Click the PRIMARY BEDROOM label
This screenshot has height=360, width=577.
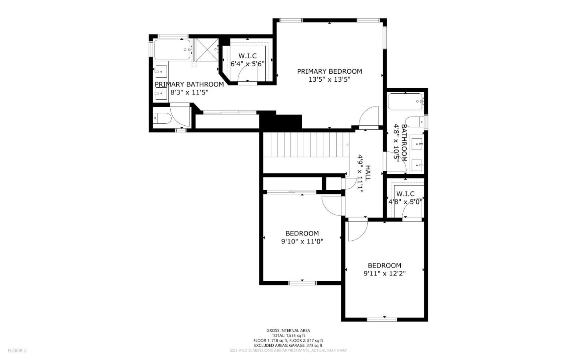point(329,71)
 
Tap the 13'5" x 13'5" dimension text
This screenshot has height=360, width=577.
point(329,79)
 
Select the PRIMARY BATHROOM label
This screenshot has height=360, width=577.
point(189,84)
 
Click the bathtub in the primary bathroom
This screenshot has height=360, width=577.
point(172,49)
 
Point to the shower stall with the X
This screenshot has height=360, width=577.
point(206,50)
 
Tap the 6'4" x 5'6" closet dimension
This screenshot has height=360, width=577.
point(247,64)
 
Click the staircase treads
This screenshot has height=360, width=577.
point(306,145)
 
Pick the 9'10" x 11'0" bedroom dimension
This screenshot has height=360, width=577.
point(302,241)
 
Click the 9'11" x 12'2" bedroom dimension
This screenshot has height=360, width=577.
point(385,274)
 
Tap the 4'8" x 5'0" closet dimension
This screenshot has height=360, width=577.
point(405,202)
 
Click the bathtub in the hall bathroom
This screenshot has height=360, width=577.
point(405,101)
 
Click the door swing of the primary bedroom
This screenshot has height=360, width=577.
point(369,117)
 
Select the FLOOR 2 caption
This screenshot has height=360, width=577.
point(17,350)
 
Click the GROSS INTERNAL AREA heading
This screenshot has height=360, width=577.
point(288,330)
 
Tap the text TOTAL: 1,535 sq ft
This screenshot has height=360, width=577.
point(288,336)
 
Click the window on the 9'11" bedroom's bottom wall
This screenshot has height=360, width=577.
point(382,320)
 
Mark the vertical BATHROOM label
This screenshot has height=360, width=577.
point(404,143)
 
